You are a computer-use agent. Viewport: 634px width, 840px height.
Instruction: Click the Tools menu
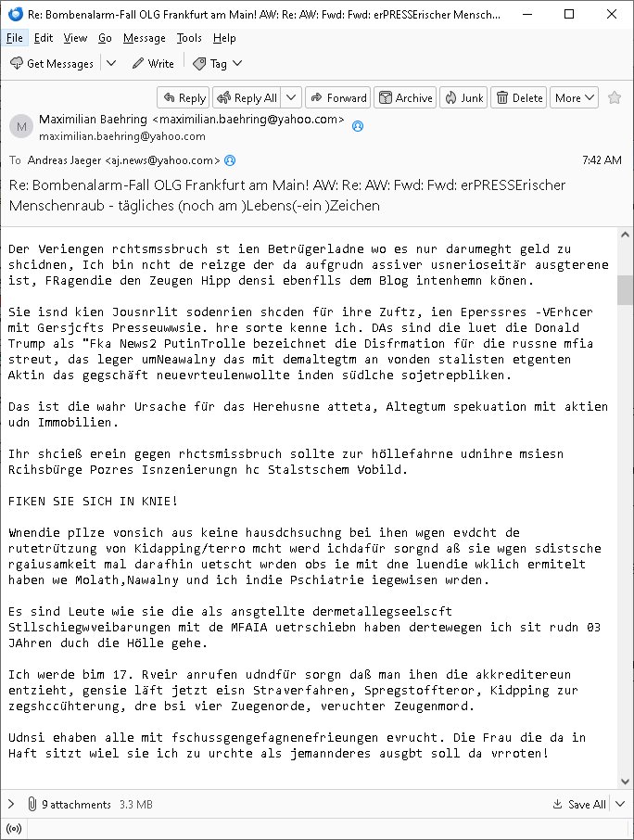tap(189, 38)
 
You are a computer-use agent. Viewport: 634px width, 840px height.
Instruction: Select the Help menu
tap(224, 38)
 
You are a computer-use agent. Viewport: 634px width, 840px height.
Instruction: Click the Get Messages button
tap(52, 63)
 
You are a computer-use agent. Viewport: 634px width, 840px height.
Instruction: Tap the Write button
tap(153, 63)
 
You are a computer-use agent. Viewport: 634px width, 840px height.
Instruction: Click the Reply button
tap(183, 97)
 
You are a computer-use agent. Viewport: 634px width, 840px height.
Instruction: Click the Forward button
tap(338, 97)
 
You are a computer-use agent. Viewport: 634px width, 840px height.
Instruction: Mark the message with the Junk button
tap(463, 97)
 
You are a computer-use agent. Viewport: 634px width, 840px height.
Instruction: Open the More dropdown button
tap(573, 97)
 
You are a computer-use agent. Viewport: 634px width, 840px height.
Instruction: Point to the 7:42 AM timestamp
tap(602, 159)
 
